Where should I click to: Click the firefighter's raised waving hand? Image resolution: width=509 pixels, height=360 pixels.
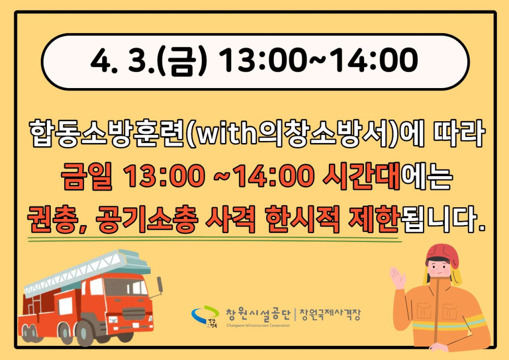398,278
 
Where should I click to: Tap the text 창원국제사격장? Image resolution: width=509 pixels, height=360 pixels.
330,314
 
